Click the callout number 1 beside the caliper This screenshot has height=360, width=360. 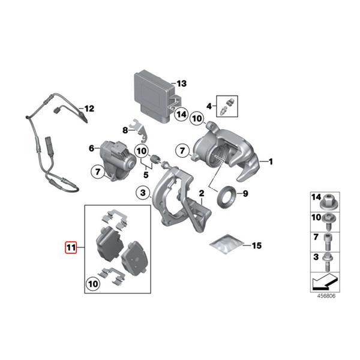coord(270,161)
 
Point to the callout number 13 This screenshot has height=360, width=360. coord(182,83)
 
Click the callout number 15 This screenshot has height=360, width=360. coord(256,245)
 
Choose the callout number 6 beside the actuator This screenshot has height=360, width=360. coord(92,148)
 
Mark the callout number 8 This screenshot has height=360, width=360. coord(125,130)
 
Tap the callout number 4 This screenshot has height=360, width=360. coord(209,106)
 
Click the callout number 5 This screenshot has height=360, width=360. coord(145,175)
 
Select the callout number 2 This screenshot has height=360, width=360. coord(202,193)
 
